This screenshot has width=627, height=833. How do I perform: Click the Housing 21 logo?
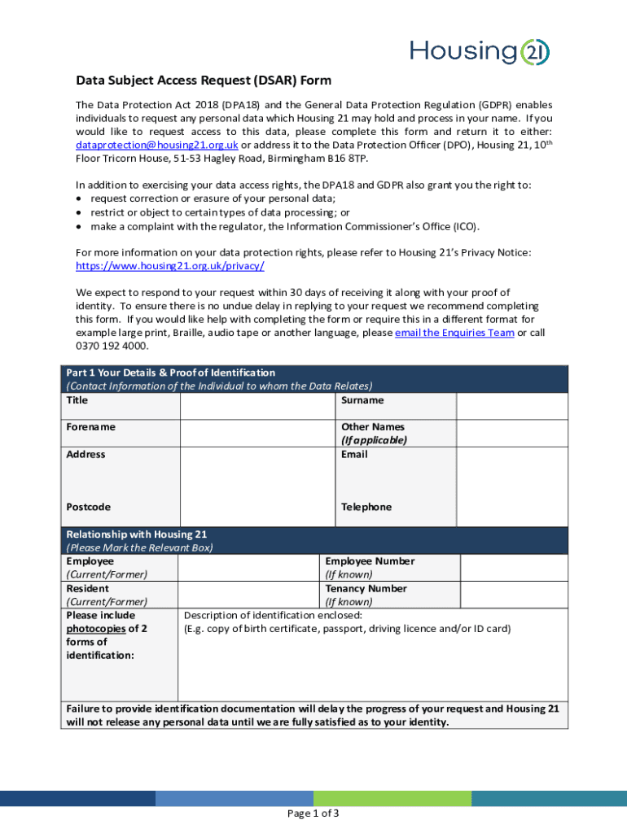(480, 51)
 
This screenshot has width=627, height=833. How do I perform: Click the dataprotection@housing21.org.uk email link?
(156, 144)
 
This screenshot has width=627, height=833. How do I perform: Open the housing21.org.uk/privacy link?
(169, 266)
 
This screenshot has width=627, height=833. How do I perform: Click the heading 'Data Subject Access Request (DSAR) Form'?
(204, 81)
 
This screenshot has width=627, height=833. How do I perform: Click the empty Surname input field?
(511, 406)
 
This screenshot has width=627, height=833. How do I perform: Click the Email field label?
(354, 455)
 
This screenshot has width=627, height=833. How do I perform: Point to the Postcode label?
(88, 507)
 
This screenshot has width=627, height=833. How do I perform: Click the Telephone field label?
(366, 507)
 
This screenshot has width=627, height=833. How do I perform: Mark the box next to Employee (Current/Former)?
(248, 567)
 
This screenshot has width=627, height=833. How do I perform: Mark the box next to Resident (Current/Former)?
(248, 595)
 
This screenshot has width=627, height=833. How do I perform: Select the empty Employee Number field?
(514, 567)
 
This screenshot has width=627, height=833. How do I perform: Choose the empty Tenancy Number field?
(514, 595)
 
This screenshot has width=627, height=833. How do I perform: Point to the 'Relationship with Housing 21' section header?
(137, 534)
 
